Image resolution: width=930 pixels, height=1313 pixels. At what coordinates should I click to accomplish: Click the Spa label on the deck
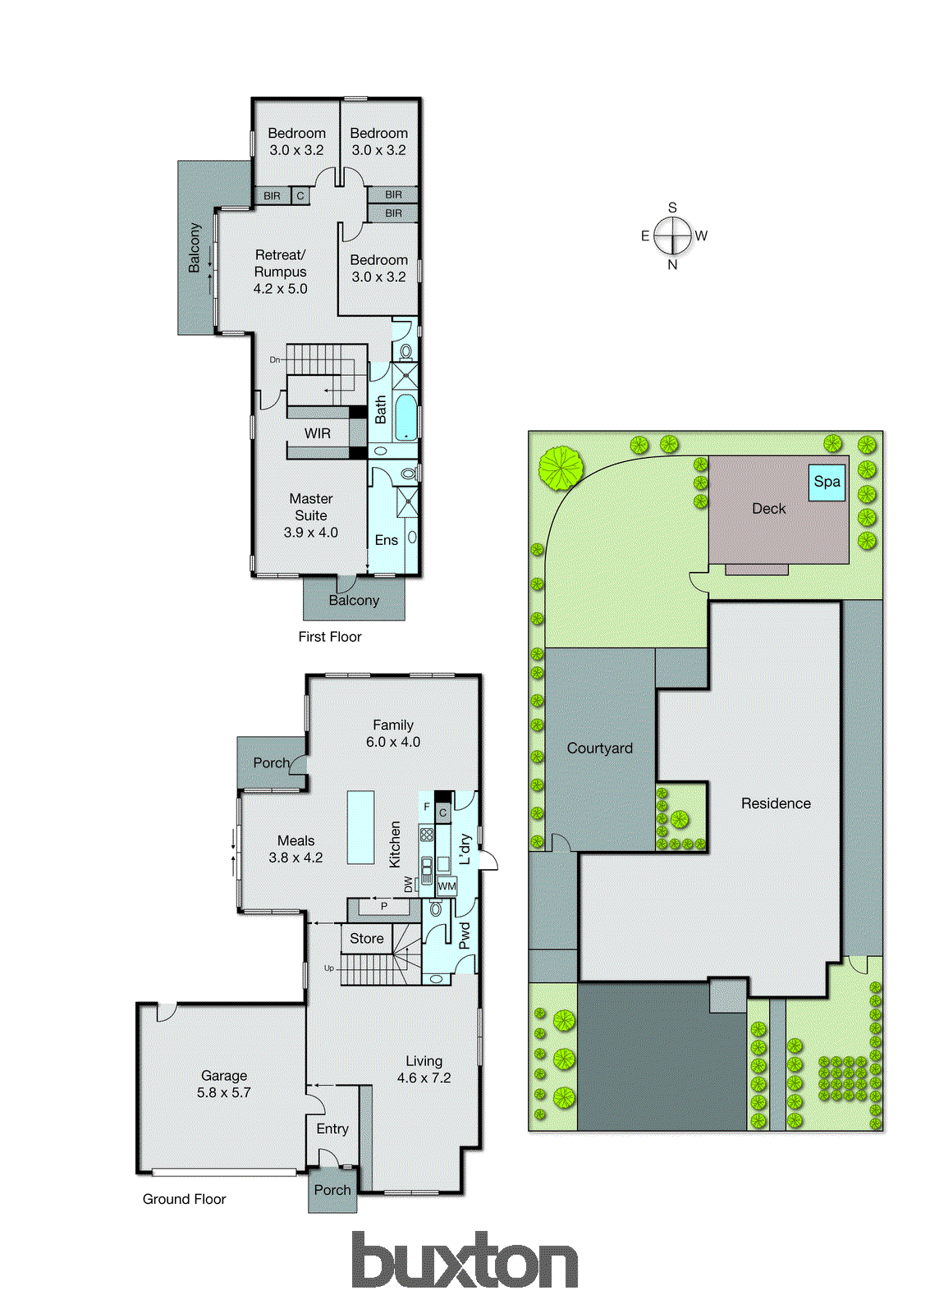click(827, 482)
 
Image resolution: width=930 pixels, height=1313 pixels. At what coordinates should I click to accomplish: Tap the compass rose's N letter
click(672, 265)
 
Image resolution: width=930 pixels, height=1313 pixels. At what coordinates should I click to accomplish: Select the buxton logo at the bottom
click(465, 1260)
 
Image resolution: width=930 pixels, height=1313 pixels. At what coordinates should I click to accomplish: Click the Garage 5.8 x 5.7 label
click(223, 1084)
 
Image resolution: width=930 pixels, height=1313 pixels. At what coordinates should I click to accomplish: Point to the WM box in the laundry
click(447, 886)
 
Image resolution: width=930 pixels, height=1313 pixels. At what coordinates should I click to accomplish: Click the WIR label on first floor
click(318, 433)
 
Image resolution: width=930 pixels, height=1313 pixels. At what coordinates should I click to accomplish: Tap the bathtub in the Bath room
click(405, 417)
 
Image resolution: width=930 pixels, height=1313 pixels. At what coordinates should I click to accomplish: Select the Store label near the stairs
click(366, 938)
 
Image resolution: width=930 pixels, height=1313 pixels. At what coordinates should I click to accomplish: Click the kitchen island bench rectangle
click(360, 827)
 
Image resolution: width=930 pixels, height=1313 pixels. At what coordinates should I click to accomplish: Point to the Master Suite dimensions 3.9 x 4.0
click(310, 533)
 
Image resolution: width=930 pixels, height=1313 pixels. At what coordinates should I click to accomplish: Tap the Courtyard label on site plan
click(599, 748)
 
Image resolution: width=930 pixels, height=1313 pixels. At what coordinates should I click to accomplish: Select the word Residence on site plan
click(776, 803)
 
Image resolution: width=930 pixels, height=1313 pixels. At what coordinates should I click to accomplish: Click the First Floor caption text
click(329, 637)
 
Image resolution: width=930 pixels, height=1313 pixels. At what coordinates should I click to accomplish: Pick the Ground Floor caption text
click(184, 1199)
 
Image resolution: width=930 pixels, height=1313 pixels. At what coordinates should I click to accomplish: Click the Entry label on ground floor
click(332, 1129)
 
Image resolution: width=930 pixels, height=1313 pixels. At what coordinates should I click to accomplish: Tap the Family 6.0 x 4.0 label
click(392, 734)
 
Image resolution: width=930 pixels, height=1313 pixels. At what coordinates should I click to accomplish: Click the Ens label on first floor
click(386, 540)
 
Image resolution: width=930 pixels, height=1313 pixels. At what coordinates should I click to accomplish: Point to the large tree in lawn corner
click(561, 468)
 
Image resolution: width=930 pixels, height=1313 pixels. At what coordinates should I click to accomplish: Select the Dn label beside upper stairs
click(275, 359)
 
